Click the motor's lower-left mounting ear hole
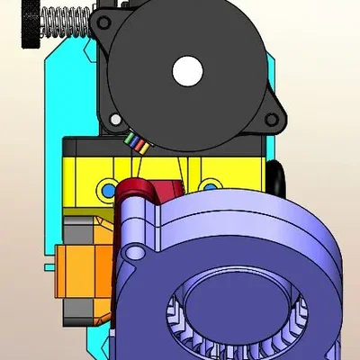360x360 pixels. click(x=115, y=118)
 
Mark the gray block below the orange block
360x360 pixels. click(x=85, y=311)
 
